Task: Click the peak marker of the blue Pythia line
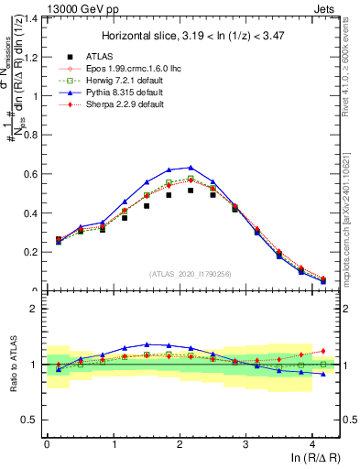click(191, 167)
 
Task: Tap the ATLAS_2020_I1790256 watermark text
click(190, 273)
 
